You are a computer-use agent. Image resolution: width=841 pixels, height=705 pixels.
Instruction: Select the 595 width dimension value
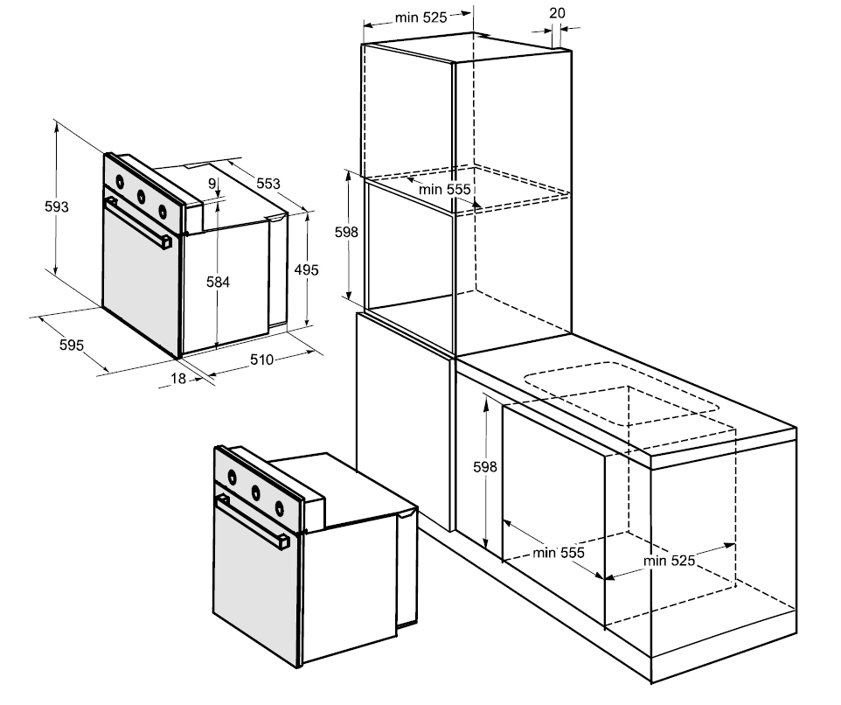click(72, 345)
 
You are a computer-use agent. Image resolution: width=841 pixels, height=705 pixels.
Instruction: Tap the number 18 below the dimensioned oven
click(178, 378)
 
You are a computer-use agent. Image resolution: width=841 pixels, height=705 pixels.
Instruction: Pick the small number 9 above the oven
click(212, 183)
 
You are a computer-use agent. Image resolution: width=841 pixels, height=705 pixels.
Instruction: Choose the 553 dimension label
click(268, 183)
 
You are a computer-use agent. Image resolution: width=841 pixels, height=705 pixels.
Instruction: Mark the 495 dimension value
click(306, 269)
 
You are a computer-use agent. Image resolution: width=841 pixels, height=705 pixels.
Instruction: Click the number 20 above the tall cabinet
click(557, 13)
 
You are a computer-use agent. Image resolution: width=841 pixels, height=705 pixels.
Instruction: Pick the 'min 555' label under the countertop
click(558, 553)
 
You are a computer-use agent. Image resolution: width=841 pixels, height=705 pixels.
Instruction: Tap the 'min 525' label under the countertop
click(670, 561)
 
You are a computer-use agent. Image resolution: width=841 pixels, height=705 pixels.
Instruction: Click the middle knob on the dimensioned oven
click(140, 196)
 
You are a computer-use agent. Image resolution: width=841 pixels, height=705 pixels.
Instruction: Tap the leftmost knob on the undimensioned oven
click(233, 477)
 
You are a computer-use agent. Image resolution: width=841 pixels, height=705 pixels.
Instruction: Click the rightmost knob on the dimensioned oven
click(162, 210)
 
